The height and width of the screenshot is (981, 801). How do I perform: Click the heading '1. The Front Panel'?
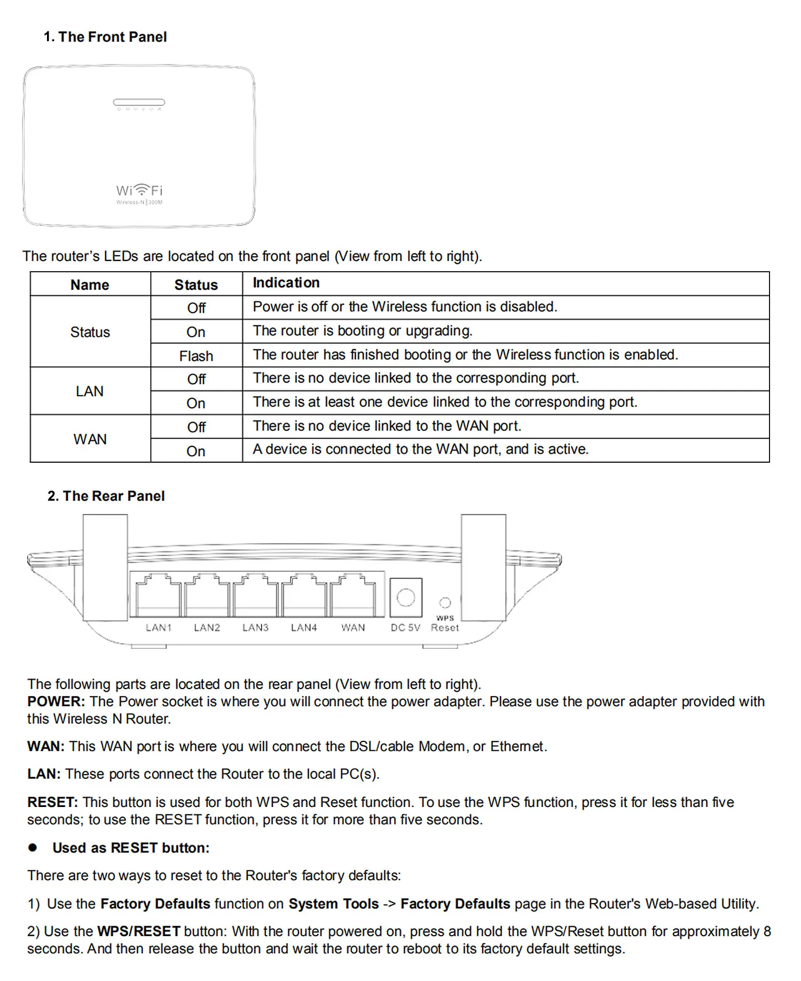tap(105, 37)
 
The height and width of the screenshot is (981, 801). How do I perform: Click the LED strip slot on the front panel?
tap(139, 102)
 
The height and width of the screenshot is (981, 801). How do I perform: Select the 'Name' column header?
tap(90, 285)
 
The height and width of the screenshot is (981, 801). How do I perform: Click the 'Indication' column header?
tap(286, 283)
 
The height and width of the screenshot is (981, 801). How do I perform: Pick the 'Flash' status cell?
tap(196, 356)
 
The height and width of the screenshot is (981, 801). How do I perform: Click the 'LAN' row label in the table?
tap(90, 391)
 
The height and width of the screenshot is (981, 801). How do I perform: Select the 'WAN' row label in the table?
tap(90, 439)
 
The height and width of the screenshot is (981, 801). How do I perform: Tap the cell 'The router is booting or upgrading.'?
tap(363, 331)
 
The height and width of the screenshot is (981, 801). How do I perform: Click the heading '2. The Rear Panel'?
tap(106, 496)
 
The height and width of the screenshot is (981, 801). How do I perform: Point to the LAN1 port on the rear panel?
tap(158, 596)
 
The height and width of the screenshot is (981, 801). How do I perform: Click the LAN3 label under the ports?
tap(255, 628)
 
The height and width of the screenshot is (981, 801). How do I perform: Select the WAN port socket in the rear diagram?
tap(352, 596)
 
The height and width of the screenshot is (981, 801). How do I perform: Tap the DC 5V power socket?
tap(406, 597)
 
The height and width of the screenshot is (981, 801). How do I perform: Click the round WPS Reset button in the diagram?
tap(445, 603)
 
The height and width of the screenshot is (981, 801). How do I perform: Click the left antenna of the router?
tap(105, 567)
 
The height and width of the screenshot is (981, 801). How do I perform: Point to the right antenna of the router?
tap(483, 567)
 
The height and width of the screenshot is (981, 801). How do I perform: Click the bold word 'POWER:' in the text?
tap(56, 701)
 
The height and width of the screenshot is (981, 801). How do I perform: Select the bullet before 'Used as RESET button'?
tap(33, 847)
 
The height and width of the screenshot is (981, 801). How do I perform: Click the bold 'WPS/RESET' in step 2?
tap(139, 931)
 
